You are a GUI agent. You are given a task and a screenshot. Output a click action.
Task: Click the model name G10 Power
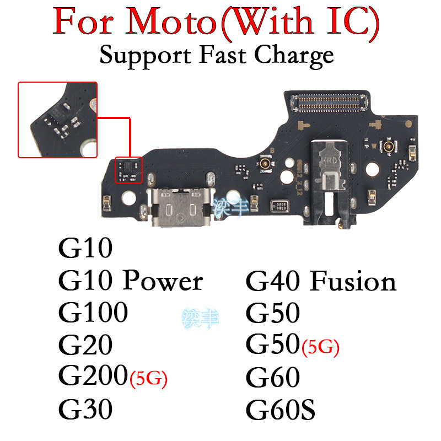pos(131,282)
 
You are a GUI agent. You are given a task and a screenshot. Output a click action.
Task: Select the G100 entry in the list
pos(93,313)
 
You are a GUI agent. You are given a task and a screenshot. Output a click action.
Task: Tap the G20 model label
pos(85,345)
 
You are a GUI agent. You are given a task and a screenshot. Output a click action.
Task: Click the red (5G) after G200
pos(148,379)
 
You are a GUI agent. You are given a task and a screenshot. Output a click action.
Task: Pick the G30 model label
pos(85,409)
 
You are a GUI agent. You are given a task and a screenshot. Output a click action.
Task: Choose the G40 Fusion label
pos(321,282)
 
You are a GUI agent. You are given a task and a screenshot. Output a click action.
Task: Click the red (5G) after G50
pos(320,347)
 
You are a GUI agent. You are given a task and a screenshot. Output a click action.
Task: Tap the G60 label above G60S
pos(273,377)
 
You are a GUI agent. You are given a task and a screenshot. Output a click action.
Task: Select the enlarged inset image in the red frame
pos(58,120)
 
